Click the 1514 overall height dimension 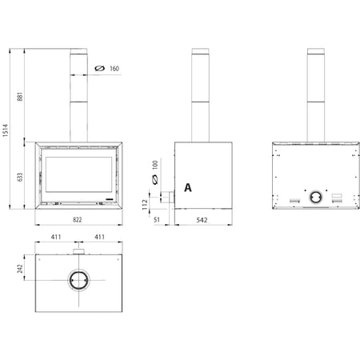[x=6, y=130]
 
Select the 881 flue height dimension [x=20, y=97]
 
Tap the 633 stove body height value [x=20, y=178]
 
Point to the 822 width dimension [x=78, y=220]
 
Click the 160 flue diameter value [x=114, y=69]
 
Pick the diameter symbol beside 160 [x=100, y=68]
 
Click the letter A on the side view [x=188, y=188]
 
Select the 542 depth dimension [x=202, y=220]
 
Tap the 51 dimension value [x=157, y=220]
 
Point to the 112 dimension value [x=145, y=204]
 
